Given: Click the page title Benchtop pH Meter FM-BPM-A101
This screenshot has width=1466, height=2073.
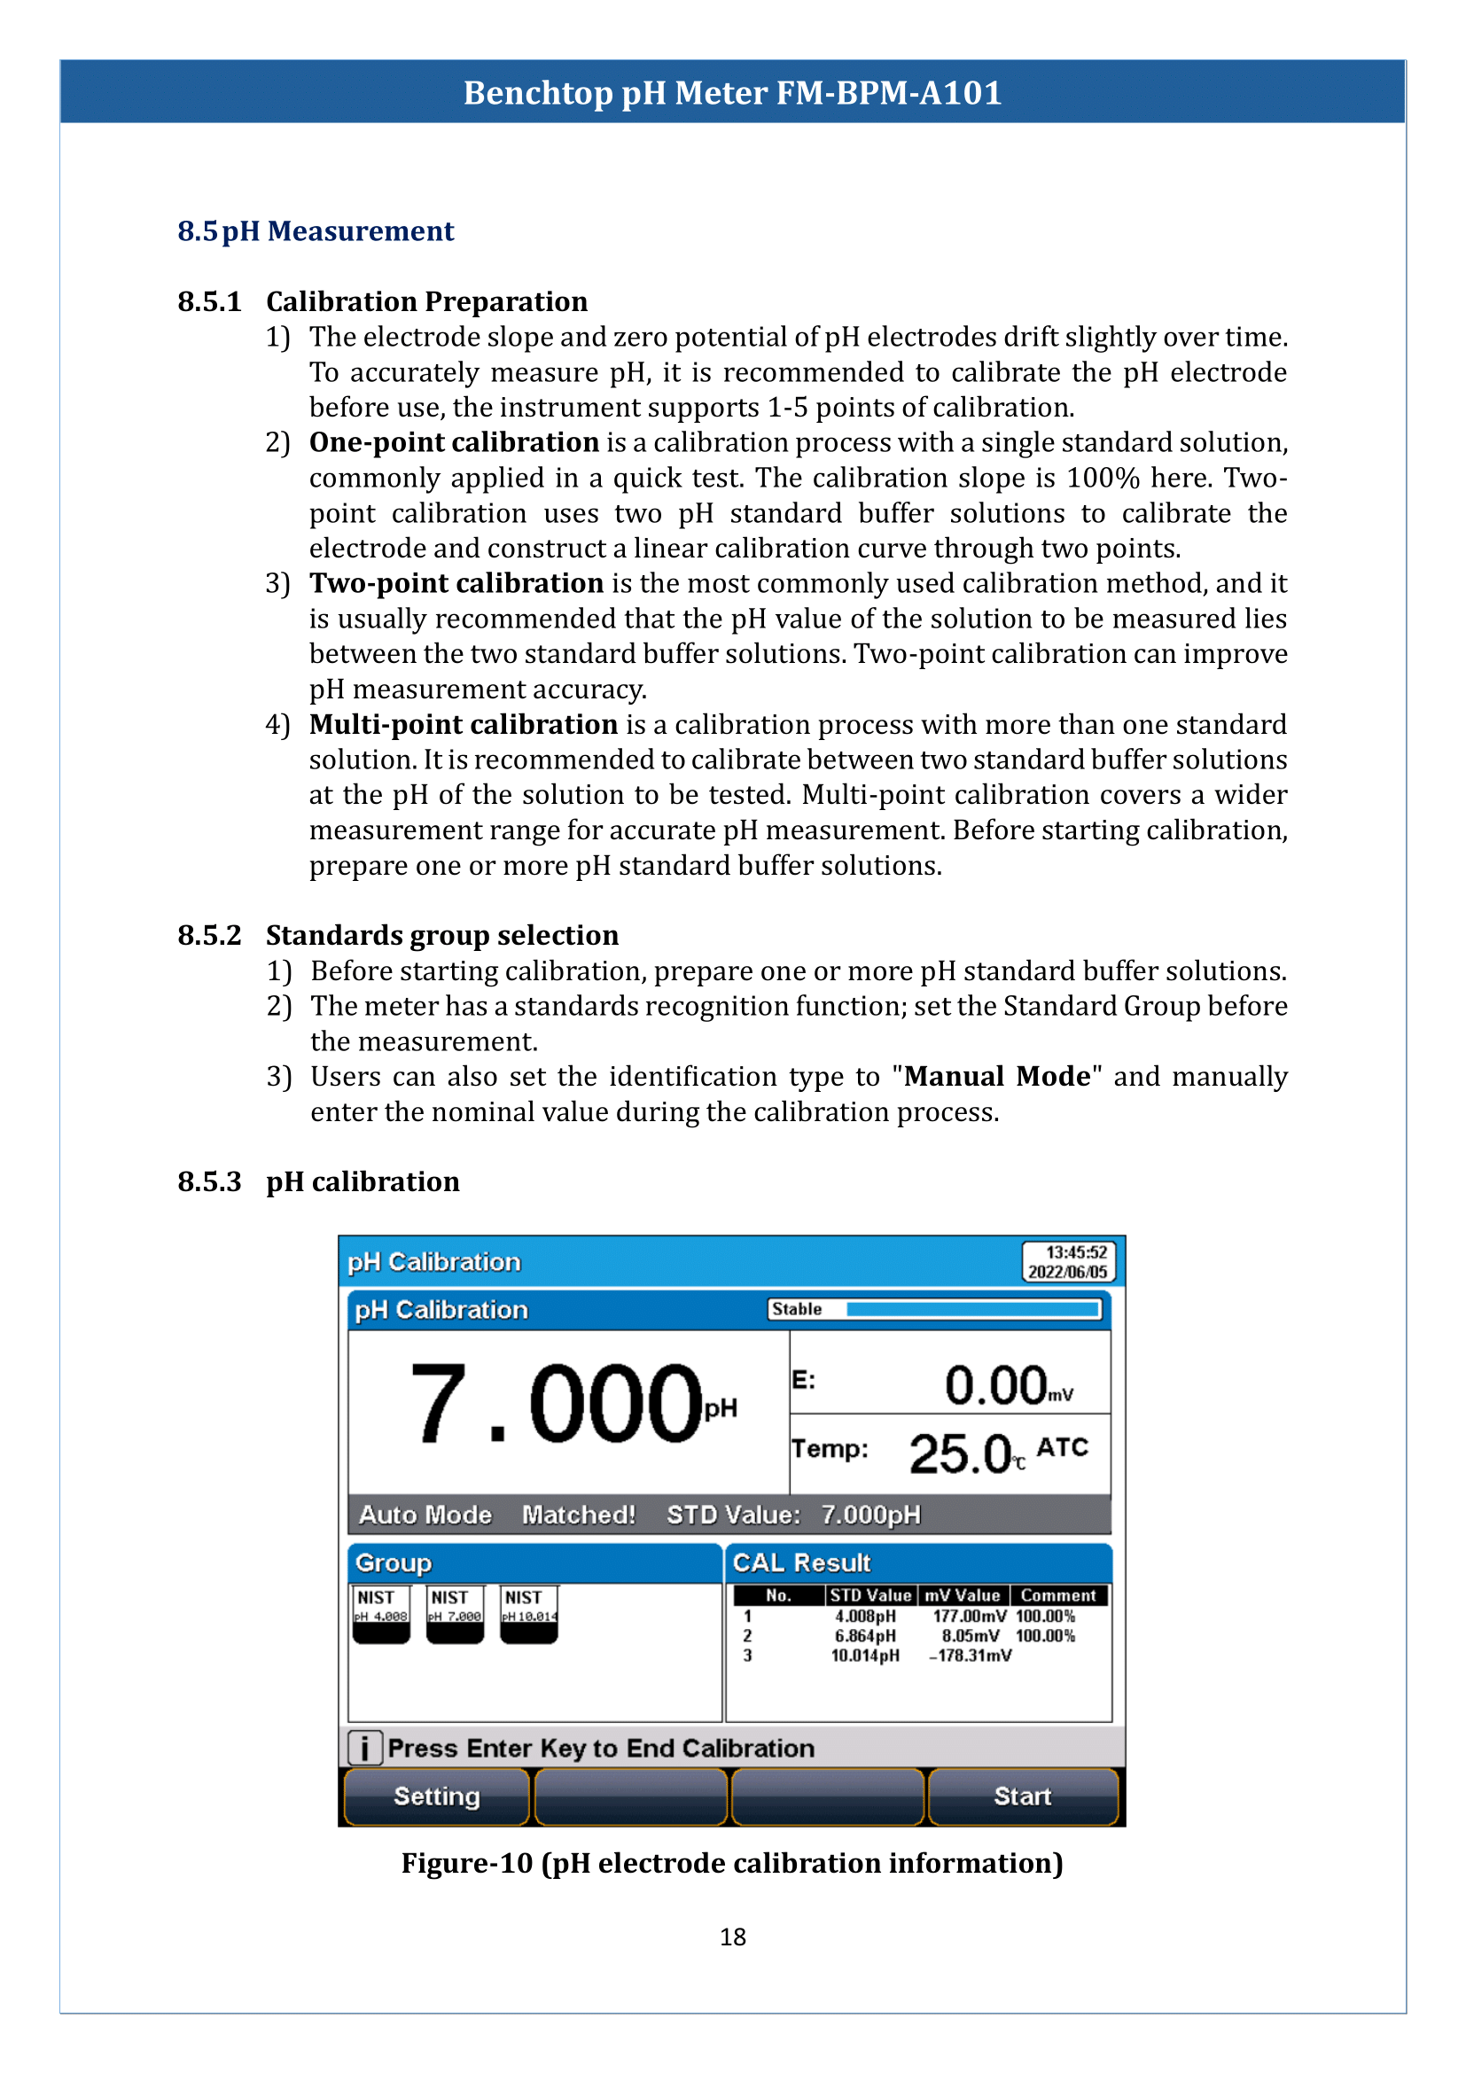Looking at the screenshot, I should click(x=732, y=93).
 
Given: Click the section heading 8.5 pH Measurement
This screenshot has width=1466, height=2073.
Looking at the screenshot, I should click(x=315, y=231).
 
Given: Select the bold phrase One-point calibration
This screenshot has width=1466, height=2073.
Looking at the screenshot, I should click(x=454, y=442).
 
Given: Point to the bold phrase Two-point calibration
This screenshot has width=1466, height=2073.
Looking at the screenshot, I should click(x=456, y=583).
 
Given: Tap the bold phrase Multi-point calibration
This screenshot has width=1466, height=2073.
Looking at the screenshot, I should click(x=463, y=724).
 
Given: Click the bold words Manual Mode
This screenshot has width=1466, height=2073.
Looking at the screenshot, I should click(x=996, y=1076).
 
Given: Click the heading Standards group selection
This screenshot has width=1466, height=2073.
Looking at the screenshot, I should click(x=441, y=935).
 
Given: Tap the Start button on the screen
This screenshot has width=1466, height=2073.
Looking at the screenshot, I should click(x=1022, y=1796).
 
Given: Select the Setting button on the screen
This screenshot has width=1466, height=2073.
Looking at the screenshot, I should click(x=436, y=1796).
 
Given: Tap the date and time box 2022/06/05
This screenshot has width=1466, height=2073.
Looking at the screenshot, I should click(x=1068, y=1261).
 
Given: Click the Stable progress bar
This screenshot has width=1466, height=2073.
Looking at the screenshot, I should click(x=972, y=1309).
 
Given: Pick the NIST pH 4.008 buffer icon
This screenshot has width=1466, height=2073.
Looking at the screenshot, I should click(x=381, y=1613).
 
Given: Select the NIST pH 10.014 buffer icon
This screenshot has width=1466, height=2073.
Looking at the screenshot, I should click(x=529, y=1613).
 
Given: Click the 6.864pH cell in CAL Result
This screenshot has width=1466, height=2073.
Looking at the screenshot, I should click(x=865, y=1635).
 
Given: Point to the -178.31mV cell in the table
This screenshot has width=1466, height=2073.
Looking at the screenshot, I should click(x=970, y=1655).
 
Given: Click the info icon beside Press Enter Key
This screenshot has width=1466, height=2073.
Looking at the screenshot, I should click(x=364, y=1748).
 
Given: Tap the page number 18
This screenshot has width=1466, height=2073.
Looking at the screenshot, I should click(x=732, y=1937).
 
